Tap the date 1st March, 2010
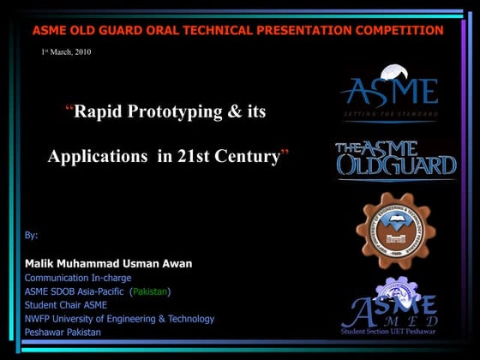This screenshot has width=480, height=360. (x=66, y=52)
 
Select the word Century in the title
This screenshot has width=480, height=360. (x=250, y=157)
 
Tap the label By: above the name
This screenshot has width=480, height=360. (x=32, y=235)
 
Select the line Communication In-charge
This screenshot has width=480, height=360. (x=84, y=278)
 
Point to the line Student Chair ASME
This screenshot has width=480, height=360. (x=66, y=305)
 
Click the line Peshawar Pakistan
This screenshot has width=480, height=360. (x=63, y=333)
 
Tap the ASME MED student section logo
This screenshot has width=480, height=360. (x=390, y=304)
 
